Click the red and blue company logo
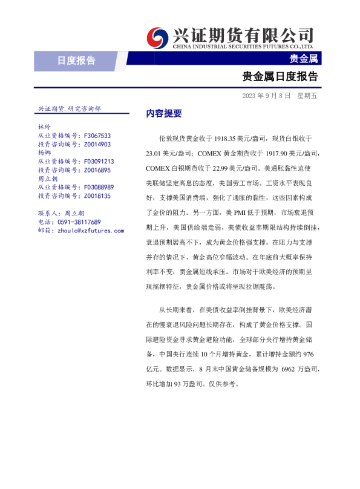(159, 36)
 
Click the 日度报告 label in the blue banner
(76, 60)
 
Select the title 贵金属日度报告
(280, 77)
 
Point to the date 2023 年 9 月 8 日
(266, 96)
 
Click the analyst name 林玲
(44, 128)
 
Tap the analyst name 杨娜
(44, 153)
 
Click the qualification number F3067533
(97, 136)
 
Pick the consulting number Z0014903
(97, 145)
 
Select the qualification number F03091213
(99, 162)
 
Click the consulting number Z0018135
(97, 196)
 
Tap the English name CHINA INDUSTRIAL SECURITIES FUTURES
(235, 46)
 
